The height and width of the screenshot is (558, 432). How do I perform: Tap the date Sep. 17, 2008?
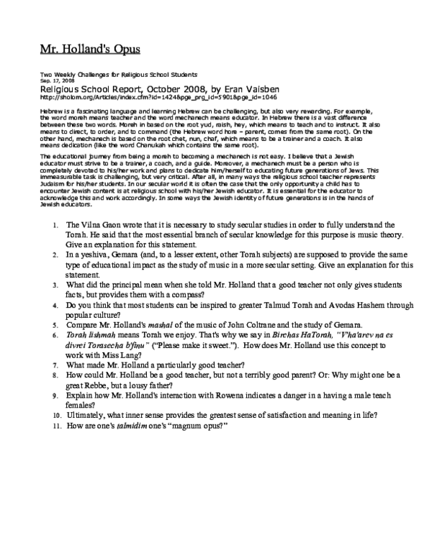pyautogui.click(x=55, y=81)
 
